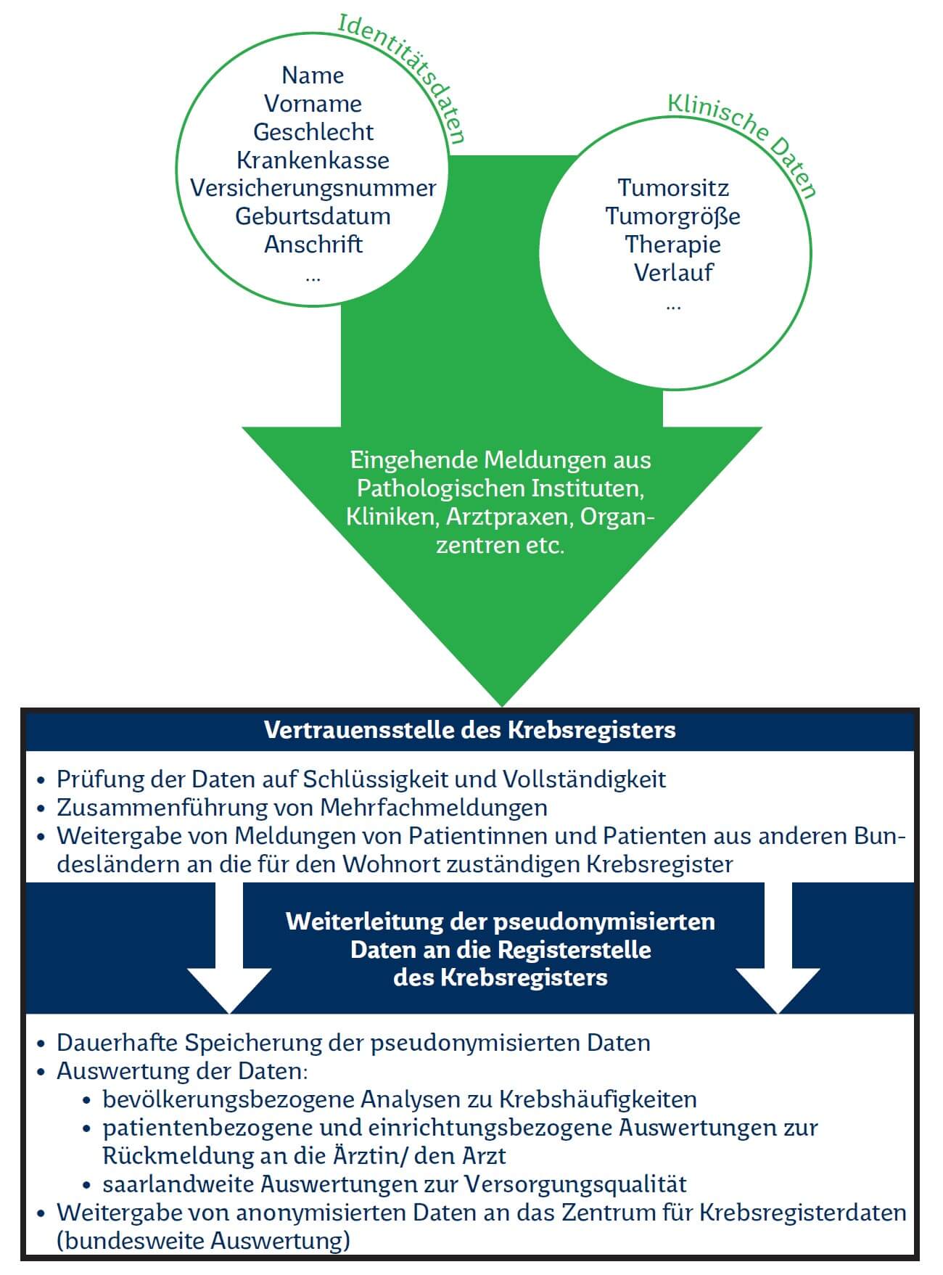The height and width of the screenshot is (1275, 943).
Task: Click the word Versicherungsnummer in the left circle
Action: click(313, 188)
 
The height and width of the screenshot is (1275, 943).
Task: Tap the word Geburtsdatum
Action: click(313, 216)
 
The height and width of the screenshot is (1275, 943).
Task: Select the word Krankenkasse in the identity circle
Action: click(313, 160)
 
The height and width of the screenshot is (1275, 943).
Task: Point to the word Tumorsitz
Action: click(673, 188)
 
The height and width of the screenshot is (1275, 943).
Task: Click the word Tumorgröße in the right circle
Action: click(673, 216)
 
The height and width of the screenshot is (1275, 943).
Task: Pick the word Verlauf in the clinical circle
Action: click(673, 273)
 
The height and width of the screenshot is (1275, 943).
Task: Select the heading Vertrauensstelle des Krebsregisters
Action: click(470, 730)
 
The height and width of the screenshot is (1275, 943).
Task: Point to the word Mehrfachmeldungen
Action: click(434, 808)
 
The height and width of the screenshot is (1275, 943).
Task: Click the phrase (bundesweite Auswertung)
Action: click(203, 1241)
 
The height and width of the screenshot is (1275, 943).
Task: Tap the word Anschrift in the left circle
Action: click(313, 245)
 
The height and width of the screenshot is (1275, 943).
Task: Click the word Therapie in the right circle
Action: click(673, 245)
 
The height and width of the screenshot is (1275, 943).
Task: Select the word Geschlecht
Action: click(313, 132)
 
